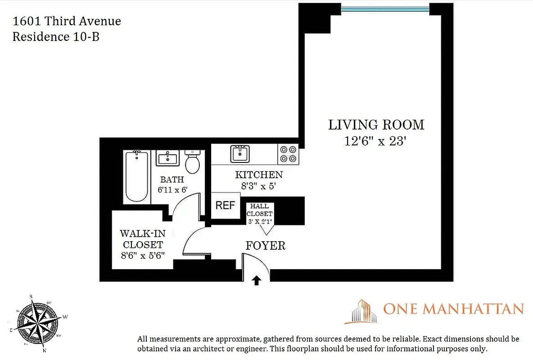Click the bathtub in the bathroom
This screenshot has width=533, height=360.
pyautogui.click(x=137, y=176)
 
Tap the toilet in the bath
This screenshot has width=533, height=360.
pyautogui.click(x=193, y=162)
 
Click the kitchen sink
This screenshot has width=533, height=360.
pyautogui.click(x=240, y=153)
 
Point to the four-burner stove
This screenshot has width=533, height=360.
pyautogui.click(x=288, y=154)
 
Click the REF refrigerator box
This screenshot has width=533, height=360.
pyautogui.click(x=225, y=206)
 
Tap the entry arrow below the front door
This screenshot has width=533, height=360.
pyautogui.click(x=256, y=280)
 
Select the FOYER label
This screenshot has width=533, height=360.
pyautogui.click(x=265, y=246)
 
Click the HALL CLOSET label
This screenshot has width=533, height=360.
pyautogui.click(x=259, y=210)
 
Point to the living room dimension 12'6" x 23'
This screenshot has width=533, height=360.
pyautogui.click(x=375, y=141)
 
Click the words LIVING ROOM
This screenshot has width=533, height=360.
pyautogui.click(x=376, y=125)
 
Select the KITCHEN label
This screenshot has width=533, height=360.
pyautogui.click(x=259, y=175)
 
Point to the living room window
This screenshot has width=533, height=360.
pyautogui.click(x=384, y=8)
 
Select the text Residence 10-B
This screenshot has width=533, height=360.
pyautogui.click(x=56, y=37)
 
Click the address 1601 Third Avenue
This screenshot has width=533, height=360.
pyautogui.click(x=67, y=21)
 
